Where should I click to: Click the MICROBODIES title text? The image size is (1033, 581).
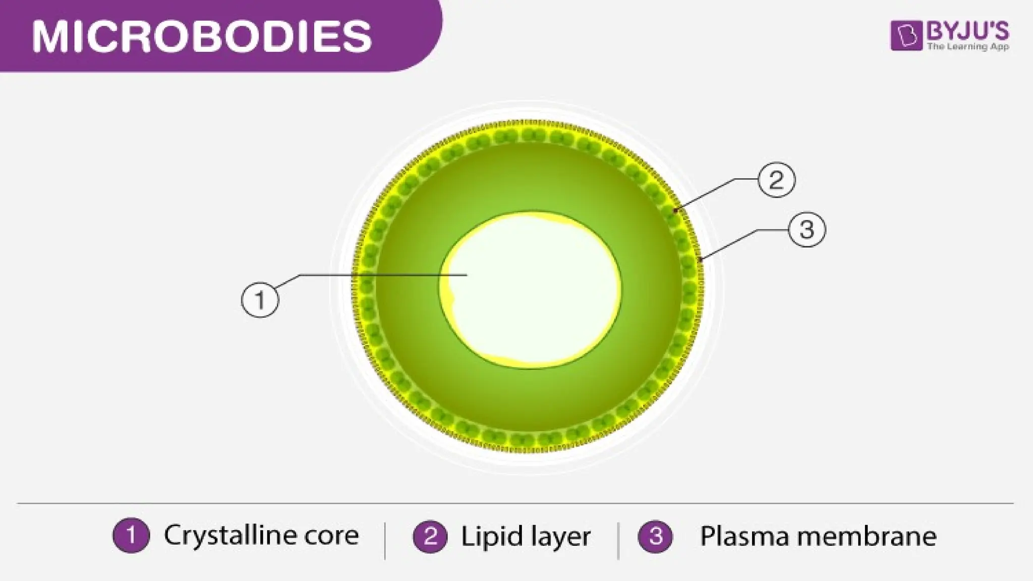(202, 37)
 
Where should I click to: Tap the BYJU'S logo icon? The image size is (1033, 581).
(906, 36)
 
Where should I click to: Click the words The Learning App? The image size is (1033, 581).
(967, 46)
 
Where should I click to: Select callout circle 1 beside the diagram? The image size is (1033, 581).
(260, 300)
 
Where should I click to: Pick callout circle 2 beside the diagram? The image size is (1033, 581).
(776, 180)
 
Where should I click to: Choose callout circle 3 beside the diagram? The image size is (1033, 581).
(807, 230)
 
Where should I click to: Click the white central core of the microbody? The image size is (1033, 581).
(532, 290)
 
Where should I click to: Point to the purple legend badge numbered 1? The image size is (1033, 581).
(131, 536)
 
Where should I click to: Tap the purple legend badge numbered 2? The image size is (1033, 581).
(430, 536)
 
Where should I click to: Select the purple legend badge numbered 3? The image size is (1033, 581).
(656, 536)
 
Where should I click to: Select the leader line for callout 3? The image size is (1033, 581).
(731, 243)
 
